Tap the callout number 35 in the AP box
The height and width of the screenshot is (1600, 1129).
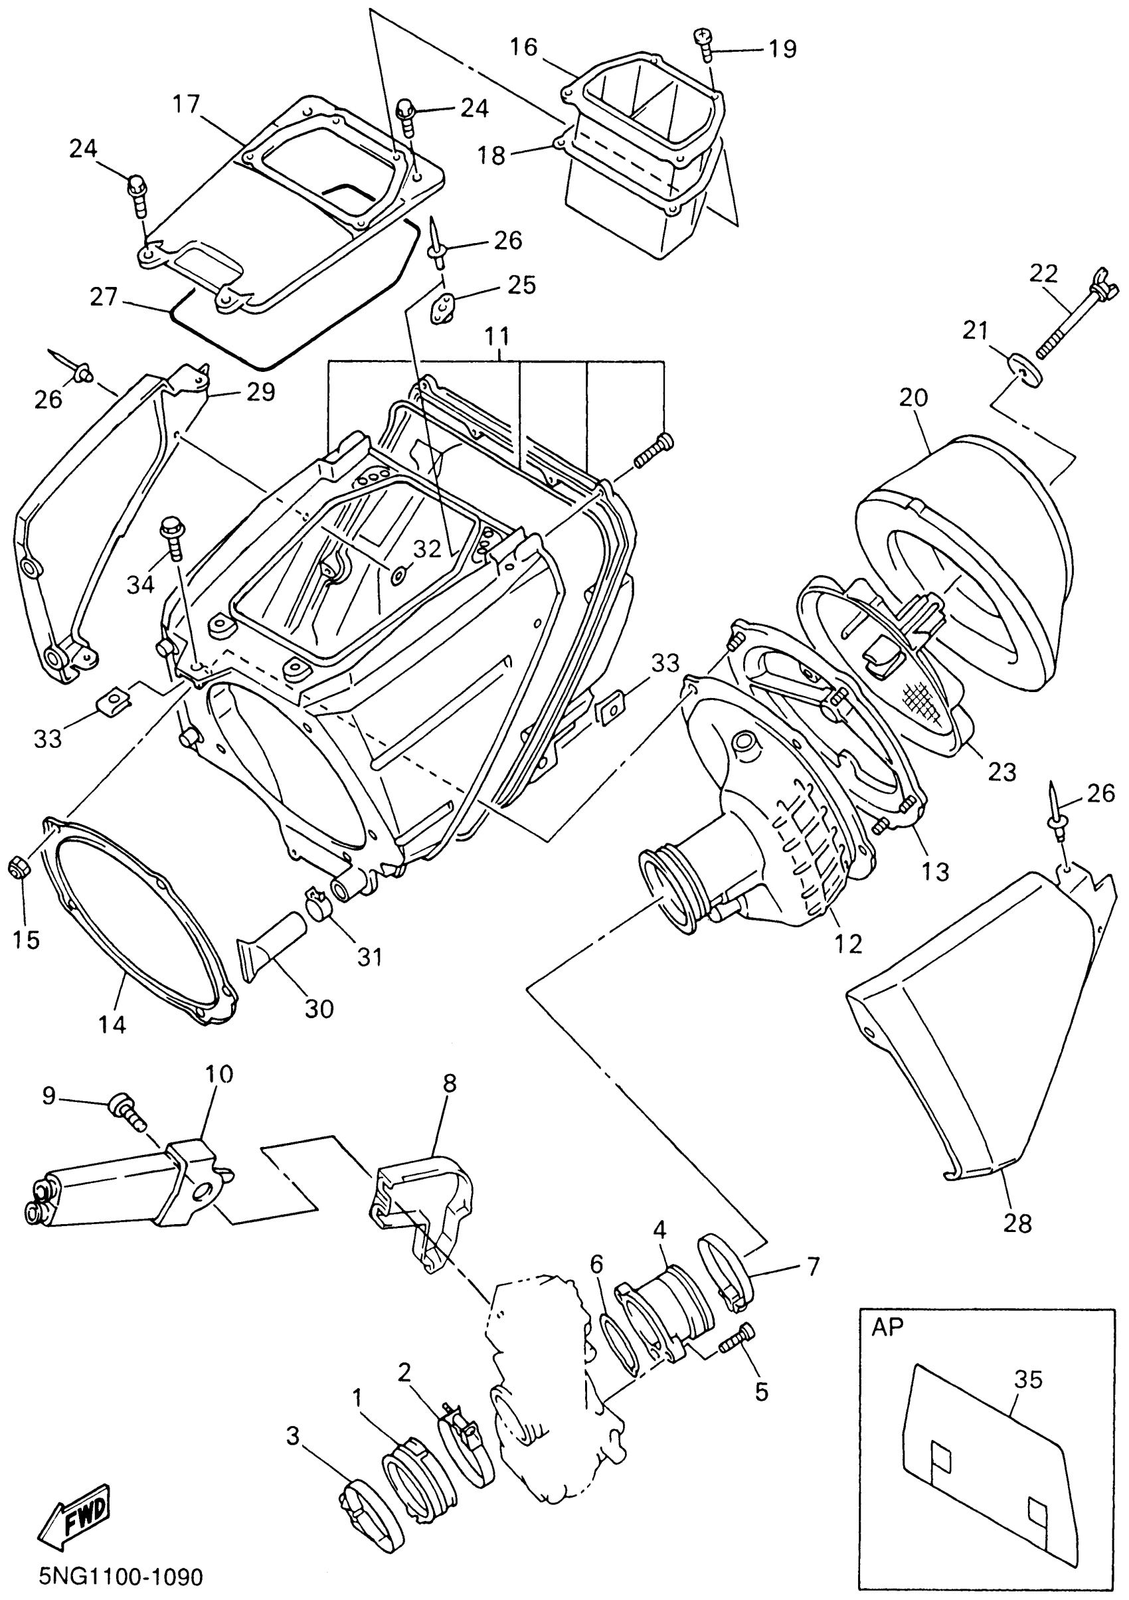tap(1028, 1379)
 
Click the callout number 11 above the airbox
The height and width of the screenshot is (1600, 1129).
tap(497, 337)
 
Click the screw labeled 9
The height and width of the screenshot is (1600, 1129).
tap(126, 1111)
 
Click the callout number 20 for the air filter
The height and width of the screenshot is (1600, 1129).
tap(914, 398)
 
